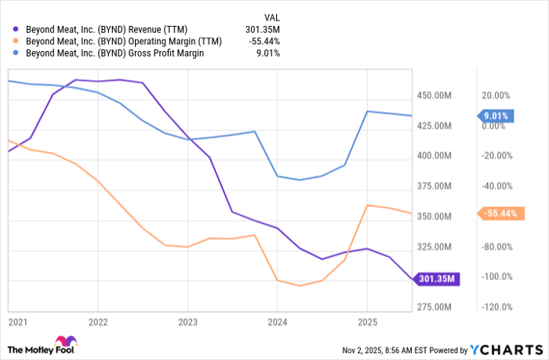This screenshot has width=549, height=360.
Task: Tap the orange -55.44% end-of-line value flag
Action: [497, 213]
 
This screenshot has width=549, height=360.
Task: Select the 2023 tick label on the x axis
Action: [187, 322]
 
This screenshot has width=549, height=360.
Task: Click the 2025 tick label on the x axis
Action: [367, 322]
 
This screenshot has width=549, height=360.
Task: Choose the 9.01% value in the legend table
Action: [269, 53]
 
